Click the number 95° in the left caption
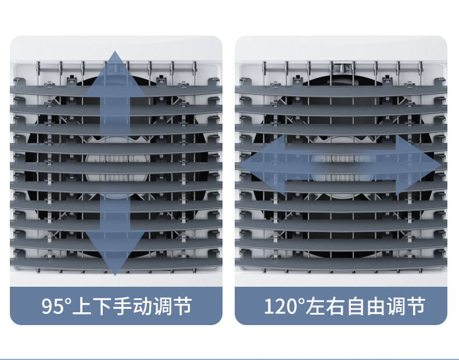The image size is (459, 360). (x=56, y=305)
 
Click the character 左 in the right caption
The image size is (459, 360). (x=317, y=305)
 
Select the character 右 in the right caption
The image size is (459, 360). (x=337, y=305)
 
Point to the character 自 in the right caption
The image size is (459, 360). (x=357, y=305)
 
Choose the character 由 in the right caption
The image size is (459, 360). (x=377, y=305)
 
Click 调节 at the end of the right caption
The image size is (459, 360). (x=407, y=305)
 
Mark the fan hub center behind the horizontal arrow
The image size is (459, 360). (x=341, y=165)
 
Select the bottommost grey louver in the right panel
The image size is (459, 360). (x=341, y=263)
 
